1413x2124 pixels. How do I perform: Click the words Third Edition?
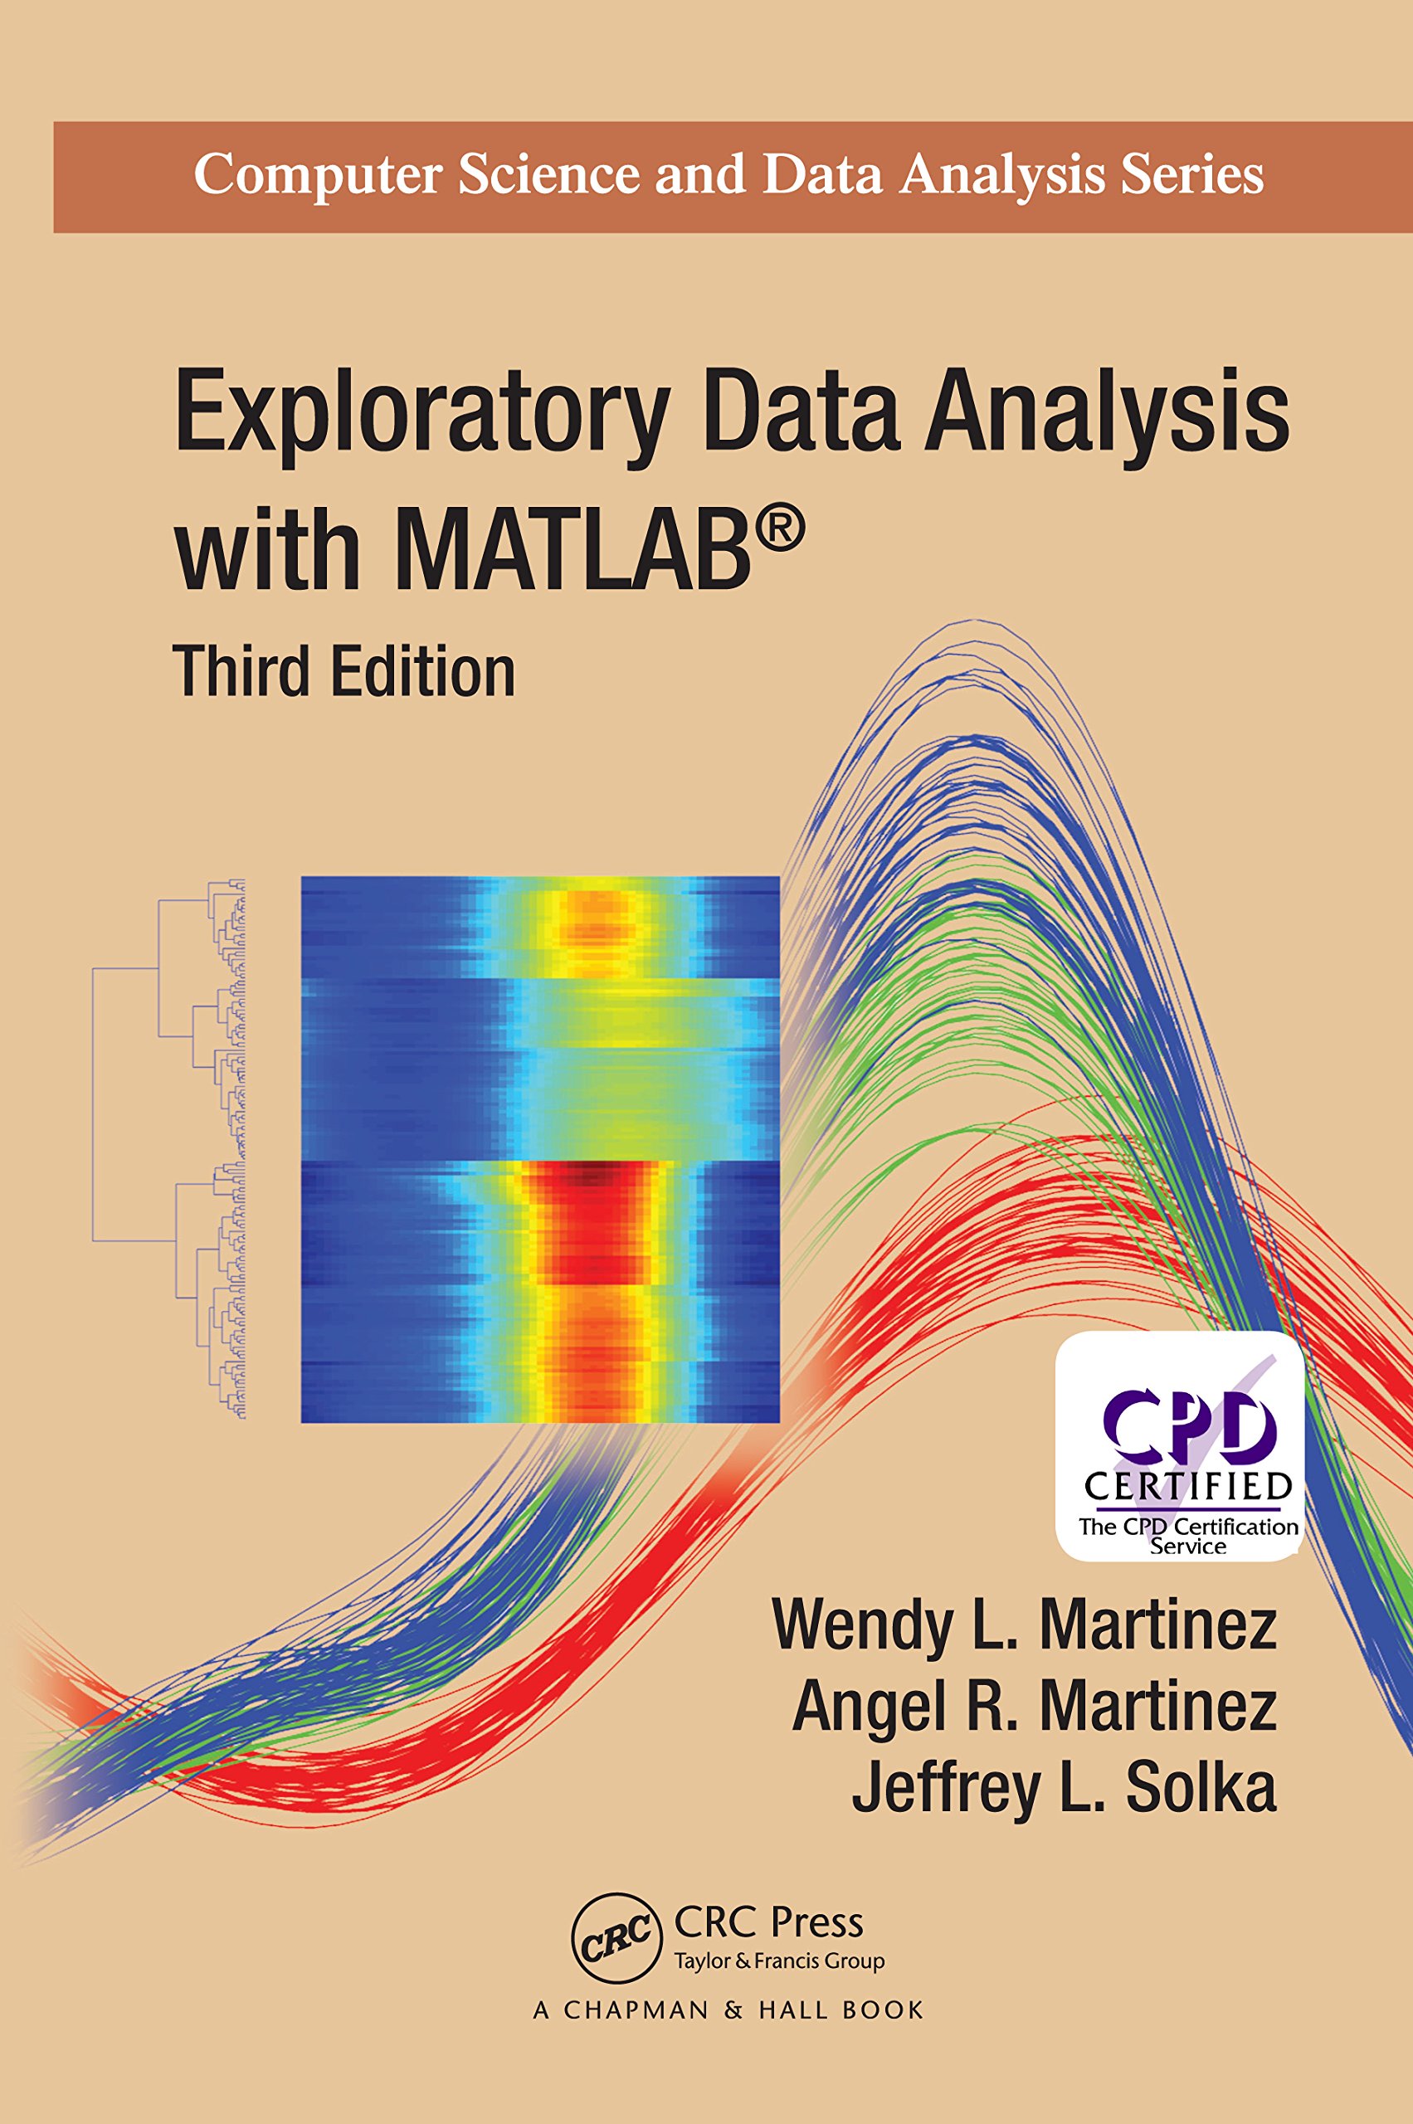tap(344, 672)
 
